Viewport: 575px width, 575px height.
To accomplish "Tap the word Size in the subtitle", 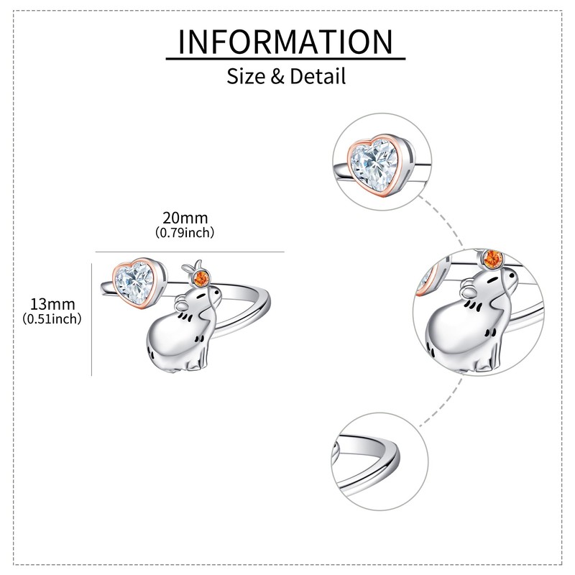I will point(246,75).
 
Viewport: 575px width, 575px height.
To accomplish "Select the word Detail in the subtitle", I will point(318,75).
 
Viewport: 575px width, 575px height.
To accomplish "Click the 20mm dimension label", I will point(185,218).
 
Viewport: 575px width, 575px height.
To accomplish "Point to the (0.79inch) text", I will point(185,233).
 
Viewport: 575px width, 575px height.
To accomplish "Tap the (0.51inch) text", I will point(51,318).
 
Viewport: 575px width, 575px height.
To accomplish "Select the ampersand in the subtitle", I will point(278,75).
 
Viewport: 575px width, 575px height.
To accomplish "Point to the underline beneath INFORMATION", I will point(285,58).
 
